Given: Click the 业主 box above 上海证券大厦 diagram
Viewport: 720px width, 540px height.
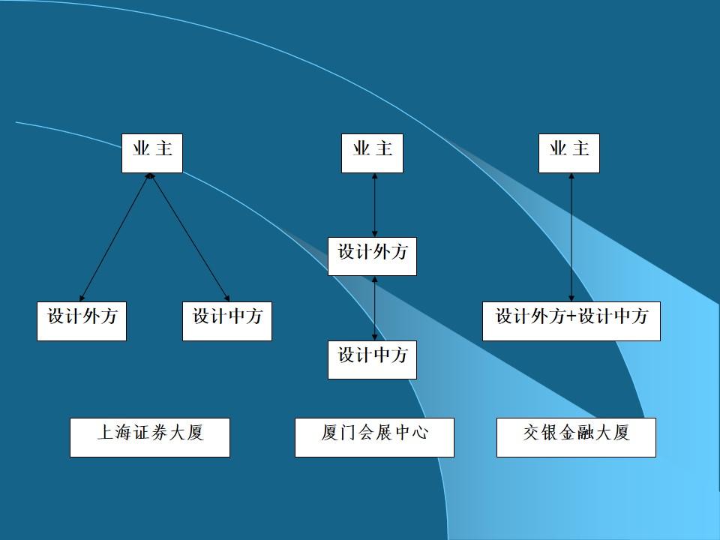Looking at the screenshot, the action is coord(152,153).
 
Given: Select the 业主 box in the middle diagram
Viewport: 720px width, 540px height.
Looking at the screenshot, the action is coord(372,153).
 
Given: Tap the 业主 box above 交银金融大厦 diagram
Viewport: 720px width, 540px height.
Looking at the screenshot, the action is coord(569,153).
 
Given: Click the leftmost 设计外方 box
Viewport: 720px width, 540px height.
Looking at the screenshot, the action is coord(82,321).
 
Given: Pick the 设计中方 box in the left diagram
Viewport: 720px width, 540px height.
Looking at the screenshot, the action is coord(227,321).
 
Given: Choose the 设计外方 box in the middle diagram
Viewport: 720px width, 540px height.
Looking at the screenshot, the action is coord(372,256).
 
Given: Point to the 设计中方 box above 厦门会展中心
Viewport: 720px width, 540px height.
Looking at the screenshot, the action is coord(372,359).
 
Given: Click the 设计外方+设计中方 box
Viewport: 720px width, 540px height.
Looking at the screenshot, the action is coord(571,321).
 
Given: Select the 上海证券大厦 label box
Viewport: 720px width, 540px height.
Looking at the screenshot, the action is coord(150,437).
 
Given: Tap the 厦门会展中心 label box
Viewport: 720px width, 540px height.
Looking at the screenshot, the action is coord(374,437).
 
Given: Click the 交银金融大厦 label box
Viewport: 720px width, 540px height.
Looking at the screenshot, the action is coord(576,437).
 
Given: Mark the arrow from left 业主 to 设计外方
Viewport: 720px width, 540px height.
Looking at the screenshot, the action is coord(115,237).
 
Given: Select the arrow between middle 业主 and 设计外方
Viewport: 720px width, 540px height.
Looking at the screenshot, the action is coord(374,205).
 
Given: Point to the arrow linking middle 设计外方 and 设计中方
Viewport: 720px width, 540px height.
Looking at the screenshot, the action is coord(374,307).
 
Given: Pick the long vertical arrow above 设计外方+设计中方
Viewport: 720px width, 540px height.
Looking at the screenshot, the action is coord(571,237).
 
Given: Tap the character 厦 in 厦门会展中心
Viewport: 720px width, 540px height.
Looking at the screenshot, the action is coord(329,433).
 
